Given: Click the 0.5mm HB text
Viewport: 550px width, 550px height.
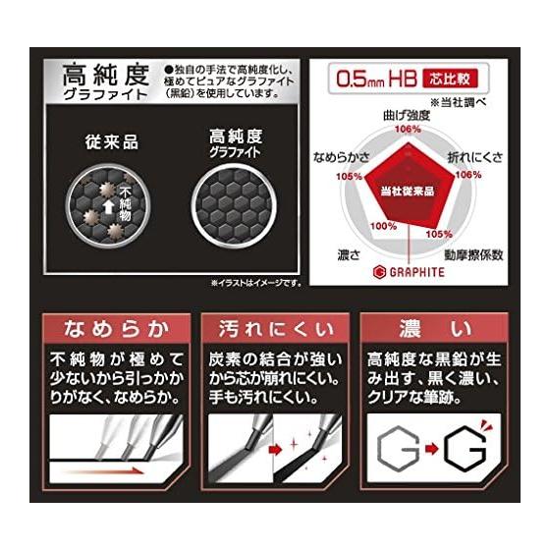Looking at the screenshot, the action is tap(376, 79).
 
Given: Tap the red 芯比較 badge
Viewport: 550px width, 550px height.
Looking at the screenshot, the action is tap(451, 79).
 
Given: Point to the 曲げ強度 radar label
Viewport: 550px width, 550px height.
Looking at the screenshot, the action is tap(407, 116).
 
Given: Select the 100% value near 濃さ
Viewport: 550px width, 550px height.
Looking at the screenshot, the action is tap(384, 226).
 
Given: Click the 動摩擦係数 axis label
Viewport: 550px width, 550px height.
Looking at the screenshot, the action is tap(473, 255).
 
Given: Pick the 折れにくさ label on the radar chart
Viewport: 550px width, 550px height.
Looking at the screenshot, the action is tap(474, 158).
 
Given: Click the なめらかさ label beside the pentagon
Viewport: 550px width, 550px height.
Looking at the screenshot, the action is tap(341, 157).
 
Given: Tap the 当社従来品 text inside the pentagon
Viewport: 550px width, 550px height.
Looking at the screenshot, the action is tap(408, 192).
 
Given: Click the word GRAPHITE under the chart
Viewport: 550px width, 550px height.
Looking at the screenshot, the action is tap(417, 272).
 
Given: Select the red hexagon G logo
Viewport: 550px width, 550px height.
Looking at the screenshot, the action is tap(380, 272).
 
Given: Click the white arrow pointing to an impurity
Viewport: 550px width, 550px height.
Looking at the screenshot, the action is tap(108, 207).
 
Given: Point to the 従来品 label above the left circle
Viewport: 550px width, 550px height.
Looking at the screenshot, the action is tap(112, 142).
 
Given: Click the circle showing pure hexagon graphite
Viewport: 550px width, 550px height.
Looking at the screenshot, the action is tap(234, 205).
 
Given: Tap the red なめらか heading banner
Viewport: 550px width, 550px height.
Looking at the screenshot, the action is tap(117, 329).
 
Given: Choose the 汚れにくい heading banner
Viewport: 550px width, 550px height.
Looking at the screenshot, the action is tap(275, 329).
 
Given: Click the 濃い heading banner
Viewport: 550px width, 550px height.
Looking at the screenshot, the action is tap(434, 329).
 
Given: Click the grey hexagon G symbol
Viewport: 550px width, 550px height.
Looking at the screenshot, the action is tap(398, 450).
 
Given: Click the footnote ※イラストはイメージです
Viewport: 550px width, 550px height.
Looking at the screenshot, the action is tap(256, 283).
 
